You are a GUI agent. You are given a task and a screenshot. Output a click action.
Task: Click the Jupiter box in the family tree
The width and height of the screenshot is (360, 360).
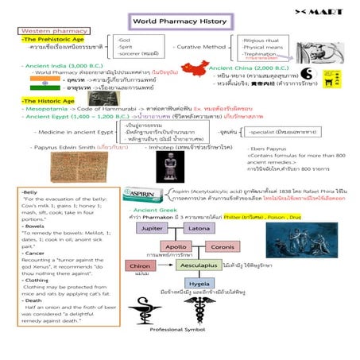pyautogui.click(x=151, y=228)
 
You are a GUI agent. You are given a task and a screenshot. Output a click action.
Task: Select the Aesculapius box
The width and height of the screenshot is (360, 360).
pyautogui.click(x=195, y=265)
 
